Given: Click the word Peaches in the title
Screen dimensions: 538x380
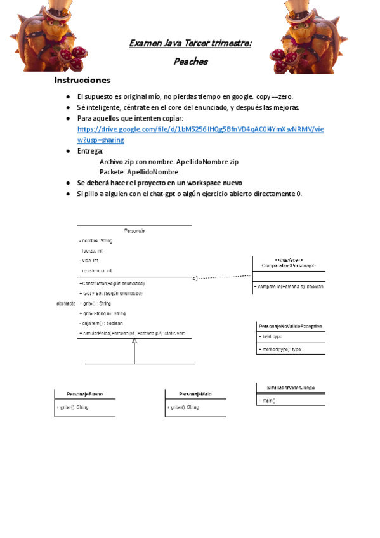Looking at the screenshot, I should [190, 62].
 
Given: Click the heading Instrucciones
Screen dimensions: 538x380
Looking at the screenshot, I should [82, 81].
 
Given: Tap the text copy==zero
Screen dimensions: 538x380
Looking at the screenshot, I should [275, 96].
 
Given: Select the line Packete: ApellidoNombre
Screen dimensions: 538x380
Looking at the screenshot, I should [139, 172].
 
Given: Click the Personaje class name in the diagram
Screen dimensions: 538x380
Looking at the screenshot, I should [134, 231].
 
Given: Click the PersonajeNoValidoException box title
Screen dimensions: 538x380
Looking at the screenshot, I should [290, 327].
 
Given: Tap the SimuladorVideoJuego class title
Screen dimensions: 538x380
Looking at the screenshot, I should [291, 387].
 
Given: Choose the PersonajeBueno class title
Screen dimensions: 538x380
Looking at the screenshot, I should [85, 394].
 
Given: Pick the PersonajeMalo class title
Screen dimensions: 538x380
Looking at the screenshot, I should [195, 394].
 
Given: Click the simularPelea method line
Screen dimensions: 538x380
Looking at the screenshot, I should [133, 333].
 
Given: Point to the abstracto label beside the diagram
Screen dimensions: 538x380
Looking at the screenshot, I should [66, 304].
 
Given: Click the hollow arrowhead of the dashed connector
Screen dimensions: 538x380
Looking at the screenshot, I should [195, 278].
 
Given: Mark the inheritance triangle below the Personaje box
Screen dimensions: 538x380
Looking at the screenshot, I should [134, 341].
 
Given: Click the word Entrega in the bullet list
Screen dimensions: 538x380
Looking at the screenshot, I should [89, 151].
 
